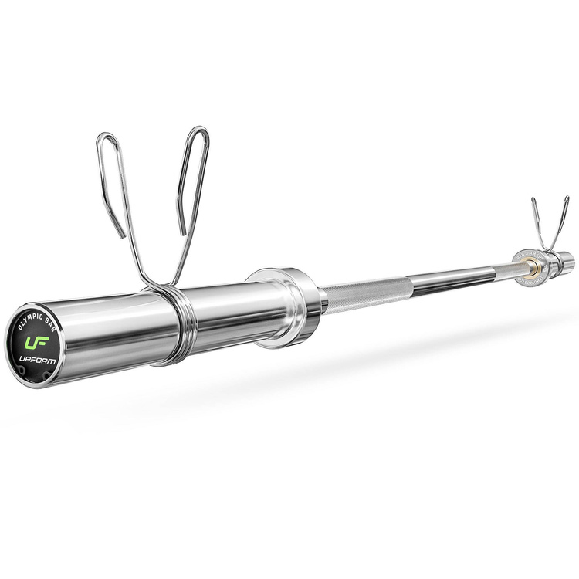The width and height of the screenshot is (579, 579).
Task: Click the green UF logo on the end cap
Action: [x=37, y=340]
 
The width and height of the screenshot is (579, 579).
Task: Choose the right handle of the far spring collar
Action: [x=563, y=220]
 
